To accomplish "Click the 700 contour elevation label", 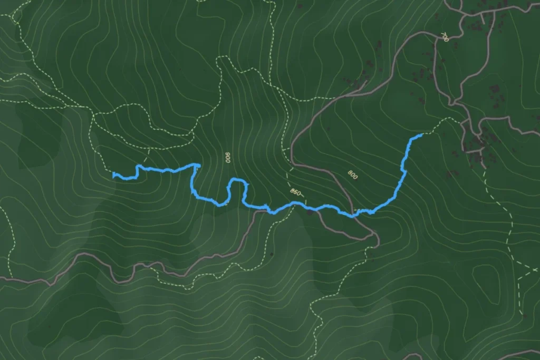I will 444,37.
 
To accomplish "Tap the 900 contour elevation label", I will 228,158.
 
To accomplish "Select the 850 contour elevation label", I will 295,193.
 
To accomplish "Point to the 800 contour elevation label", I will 352,174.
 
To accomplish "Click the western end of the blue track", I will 114,176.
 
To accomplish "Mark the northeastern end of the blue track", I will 422,135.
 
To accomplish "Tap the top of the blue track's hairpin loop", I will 238,181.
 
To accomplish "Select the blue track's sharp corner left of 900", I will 198,166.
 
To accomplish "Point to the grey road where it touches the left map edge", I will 1,278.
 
